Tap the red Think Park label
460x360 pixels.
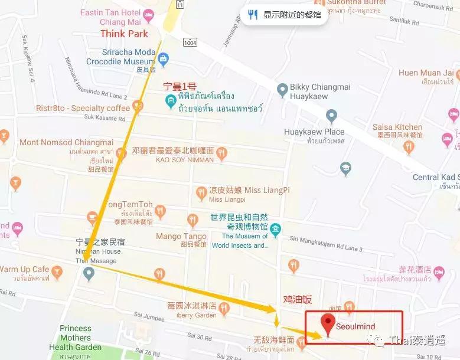click(x=125, y=34)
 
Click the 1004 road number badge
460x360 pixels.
click(x=190, y=42)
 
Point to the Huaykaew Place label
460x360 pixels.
click(x=314, y=132)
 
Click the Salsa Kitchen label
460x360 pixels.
click(x=397, y=127)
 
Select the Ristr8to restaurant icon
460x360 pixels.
click(x=138, y=106)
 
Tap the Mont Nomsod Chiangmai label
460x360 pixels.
click(x=66, y=142)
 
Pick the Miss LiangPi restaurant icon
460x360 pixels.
click(x=201, y=192)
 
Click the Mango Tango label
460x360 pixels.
click(x=181, y=236)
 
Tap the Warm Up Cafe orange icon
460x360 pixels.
click(x=57, y=271)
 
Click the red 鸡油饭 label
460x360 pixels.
click(x=298, y=300)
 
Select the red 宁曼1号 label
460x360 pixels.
click(x=184, y=86)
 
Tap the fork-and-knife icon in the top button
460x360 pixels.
click(x=253, y=15)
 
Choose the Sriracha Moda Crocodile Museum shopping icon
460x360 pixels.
click(x=164, y=58)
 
